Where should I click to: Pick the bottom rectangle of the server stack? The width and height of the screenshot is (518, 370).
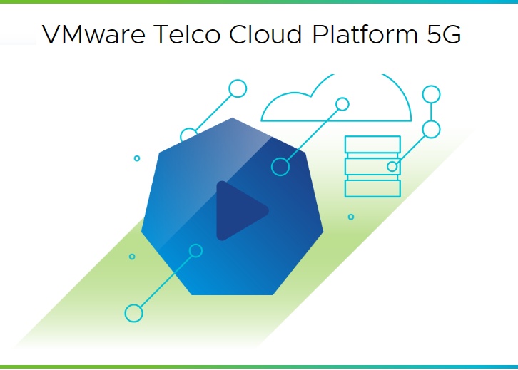click(372, 188)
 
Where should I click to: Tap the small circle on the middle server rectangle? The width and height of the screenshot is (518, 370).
click(392, 167)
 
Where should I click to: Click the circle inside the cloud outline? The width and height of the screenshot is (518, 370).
click(342, 104)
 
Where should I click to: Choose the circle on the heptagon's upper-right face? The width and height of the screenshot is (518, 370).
click(280, 167)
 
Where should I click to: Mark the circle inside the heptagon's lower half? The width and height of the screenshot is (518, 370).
click(195, 250)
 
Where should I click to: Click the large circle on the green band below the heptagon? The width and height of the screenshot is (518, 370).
click(133, 312)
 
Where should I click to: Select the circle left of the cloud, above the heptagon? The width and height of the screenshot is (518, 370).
click(238, 88)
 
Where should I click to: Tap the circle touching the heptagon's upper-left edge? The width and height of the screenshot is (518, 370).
click(188, 136)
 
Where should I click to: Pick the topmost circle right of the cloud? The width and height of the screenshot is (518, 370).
click(431, 93)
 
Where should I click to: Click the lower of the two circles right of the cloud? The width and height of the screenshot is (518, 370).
click(431, 129)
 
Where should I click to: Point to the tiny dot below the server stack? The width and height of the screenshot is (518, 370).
click(350, 217)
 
